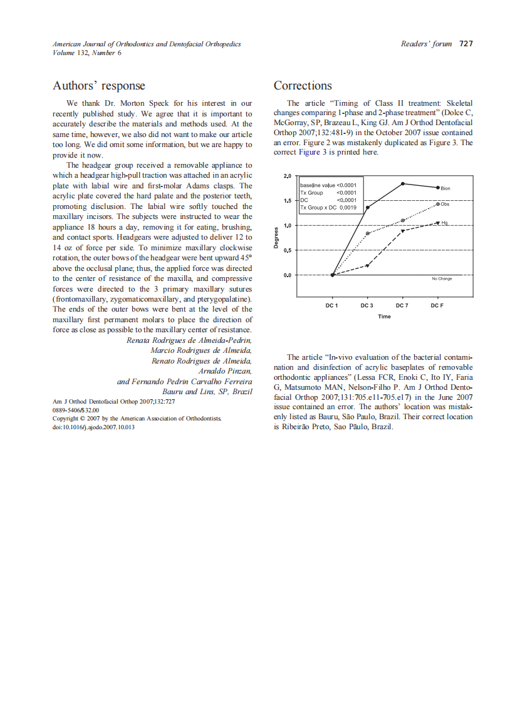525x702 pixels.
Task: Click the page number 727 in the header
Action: click(x=465, y=44)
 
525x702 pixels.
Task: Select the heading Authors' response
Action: click(x=98, y=86)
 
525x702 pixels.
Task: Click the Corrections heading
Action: click(x=303, y=86)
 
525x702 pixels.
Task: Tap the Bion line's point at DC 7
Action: click(x=403, y=184)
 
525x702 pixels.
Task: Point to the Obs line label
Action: click(x=445, y=204)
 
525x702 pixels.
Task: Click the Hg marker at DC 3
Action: click(x=368, y=265)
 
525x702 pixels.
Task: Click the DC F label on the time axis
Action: click(x=437, y=305)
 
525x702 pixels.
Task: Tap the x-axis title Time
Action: click(x=384, y=317)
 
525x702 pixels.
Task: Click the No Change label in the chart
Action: click(x=442, y=278)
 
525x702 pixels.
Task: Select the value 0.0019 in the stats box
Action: click(x=348, y=207)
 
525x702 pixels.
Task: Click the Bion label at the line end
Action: click(x=445, y=188)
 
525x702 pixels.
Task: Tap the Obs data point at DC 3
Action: click(x=368, y=233)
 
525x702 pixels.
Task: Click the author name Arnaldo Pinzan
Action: click(x=225, y=371)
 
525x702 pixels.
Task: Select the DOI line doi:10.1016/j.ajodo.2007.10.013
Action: click(x=93, y=427)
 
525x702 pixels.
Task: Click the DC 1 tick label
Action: click(x=332, y=305)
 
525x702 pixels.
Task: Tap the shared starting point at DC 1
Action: click(x=332, y=275)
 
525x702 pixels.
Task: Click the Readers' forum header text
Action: click(x=426, y=44)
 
